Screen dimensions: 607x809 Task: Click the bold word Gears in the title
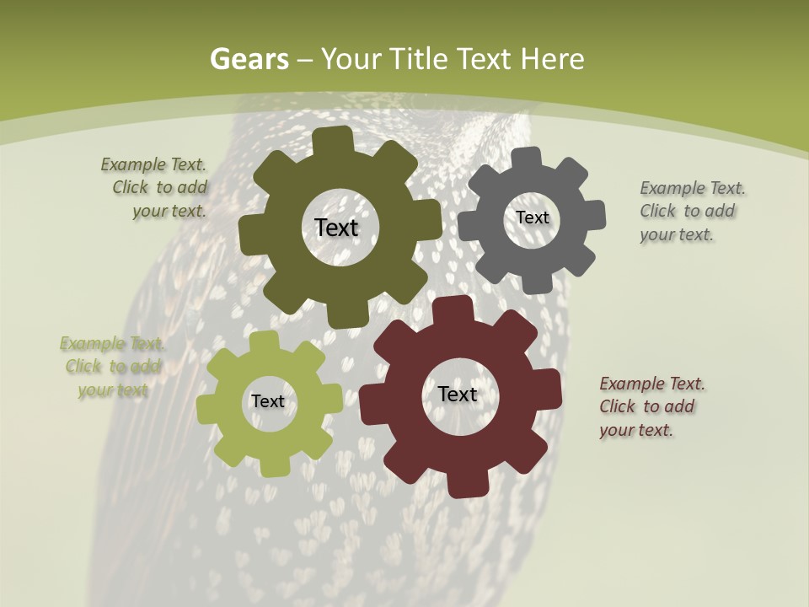point(249,59)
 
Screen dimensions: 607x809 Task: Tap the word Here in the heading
point(552,59)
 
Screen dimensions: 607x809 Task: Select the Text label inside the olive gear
point(336,228)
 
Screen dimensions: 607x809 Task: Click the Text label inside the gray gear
point(532,218)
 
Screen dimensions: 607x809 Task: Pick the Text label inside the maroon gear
point(458,394)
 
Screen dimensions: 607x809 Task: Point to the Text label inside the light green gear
point(268,401)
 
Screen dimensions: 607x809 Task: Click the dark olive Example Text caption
point(153,188)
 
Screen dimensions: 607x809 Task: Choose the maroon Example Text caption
point(651,406)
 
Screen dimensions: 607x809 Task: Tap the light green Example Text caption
point(112,367)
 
